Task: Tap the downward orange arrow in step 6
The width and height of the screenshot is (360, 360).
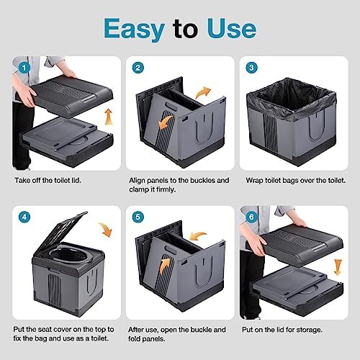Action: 336,266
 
